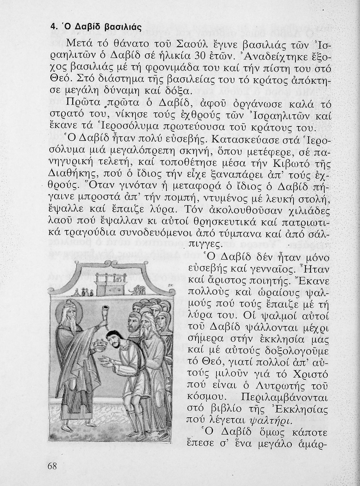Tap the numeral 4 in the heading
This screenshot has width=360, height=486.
point(52,27)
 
